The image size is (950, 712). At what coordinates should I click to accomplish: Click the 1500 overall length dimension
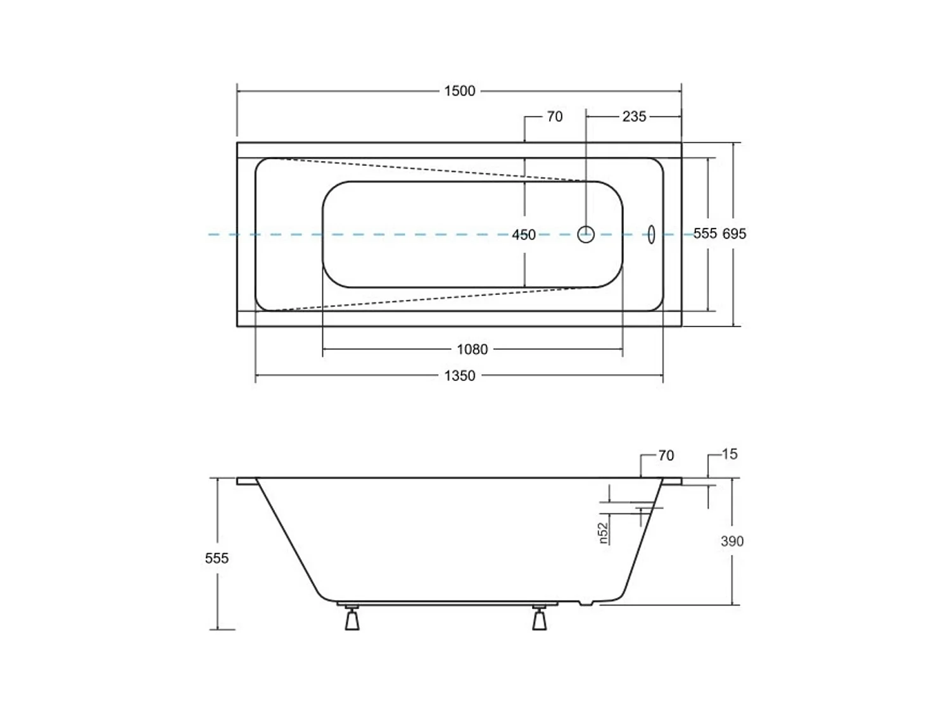(459, 91)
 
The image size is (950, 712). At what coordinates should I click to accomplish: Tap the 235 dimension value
(634, 116)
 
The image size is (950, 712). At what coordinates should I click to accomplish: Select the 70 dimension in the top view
(554, 116)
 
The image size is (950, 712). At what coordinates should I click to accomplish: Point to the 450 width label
(524, 235)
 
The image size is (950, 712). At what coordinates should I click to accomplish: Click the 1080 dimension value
(472, 349)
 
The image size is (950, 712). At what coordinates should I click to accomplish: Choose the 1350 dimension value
(459, 376)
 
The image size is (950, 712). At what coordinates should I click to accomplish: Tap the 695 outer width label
(735, 234)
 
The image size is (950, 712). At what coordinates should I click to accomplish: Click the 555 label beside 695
(705, 234)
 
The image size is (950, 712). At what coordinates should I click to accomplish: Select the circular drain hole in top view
(586, 234)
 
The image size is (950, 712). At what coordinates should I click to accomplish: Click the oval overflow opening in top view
(651, 234)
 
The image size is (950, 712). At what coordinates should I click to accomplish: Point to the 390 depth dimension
(732, 541)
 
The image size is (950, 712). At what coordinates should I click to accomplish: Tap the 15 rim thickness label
(730, 454)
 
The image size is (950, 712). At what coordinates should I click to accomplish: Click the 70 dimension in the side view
(666, 456)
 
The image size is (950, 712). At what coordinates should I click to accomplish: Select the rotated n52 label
(604, 532)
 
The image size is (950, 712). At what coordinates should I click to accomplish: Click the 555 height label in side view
(217, 558)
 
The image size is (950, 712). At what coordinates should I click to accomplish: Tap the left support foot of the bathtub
(351, 618)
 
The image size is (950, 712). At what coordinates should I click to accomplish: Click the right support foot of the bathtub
(539, 618)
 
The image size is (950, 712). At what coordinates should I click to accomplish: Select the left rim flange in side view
(246, 481)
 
